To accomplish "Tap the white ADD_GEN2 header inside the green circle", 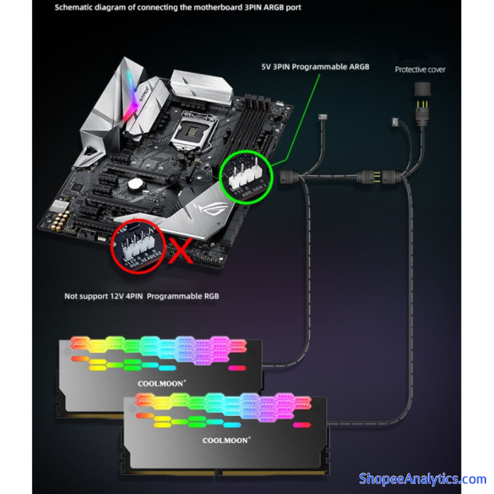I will point(243,173).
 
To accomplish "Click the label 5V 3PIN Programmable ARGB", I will point(316,66).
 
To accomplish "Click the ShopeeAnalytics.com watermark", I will point(422,479).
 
